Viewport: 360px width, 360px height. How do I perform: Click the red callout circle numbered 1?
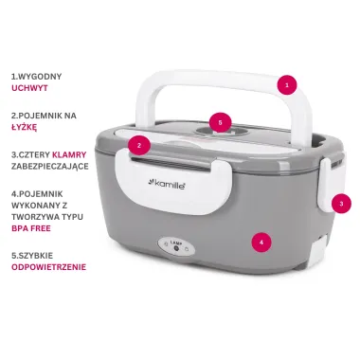pos(287,85)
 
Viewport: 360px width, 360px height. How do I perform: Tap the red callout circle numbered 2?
pos(139,146)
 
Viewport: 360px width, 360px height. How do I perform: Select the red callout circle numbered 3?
pos(341,204)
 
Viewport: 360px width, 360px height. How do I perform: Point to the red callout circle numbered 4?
pos(261,243)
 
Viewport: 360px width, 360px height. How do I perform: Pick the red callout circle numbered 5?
pos(221,122)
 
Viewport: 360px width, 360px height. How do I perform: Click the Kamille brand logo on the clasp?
pos(167,185)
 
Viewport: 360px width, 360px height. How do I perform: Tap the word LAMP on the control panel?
pos(175,243)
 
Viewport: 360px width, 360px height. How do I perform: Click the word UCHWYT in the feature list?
pos(29,88)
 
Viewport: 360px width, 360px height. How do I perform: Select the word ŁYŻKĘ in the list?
pos(24,127)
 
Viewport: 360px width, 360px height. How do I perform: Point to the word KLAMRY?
pos(69,154)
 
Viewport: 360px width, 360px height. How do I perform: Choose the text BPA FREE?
pos(31,228)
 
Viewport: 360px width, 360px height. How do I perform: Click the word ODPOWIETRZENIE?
pos(48,267)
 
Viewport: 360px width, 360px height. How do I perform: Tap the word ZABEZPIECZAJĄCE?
pos(50,167)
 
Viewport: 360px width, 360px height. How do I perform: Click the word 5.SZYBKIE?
pos(32,256)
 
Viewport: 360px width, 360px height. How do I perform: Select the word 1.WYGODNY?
pos(36,77)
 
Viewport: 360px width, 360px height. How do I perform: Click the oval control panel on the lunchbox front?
pos(176,246)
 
